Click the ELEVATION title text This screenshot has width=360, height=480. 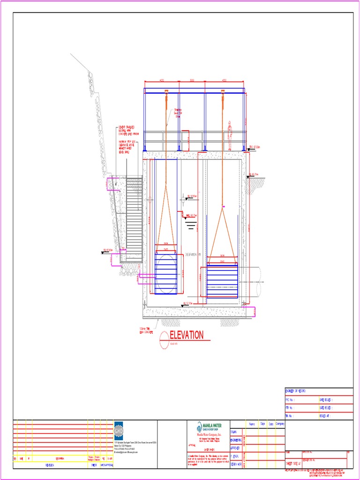tap(187, 335)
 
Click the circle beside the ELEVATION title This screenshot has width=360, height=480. tap(164, 340)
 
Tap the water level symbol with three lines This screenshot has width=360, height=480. tap(191, 226)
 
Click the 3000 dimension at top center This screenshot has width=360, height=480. tap(192, 81)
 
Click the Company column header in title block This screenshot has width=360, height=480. tap(280, 424)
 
